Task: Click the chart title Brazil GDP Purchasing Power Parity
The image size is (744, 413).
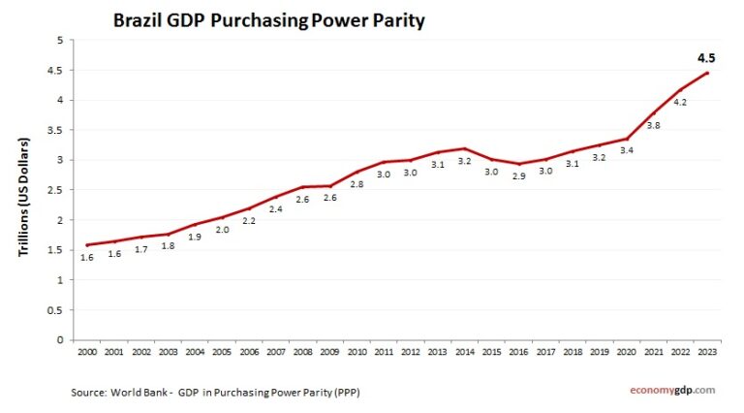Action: coord(269,20)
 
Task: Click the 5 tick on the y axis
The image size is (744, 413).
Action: coord(59,40)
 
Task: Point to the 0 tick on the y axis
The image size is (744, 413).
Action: coord(59,340)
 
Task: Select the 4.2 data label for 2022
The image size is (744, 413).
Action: coord(681,102)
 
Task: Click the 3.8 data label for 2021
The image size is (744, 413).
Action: coord(654,126)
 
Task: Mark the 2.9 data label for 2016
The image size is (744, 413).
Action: coord(519,177)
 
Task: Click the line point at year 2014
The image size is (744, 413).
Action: coord(465,148)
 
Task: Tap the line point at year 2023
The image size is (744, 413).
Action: coord(707,73)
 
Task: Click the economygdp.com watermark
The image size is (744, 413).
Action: coord(672,390)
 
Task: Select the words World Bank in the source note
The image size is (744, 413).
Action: coord(136,392)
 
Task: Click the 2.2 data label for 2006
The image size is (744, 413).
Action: coord(250,221)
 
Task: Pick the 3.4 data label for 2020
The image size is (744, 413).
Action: coord(627,150)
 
